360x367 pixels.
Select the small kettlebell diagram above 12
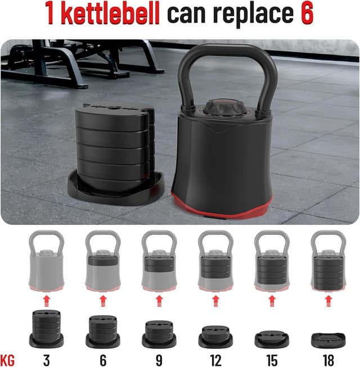coord(215,262)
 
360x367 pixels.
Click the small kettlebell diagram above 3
coord(47,262)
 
